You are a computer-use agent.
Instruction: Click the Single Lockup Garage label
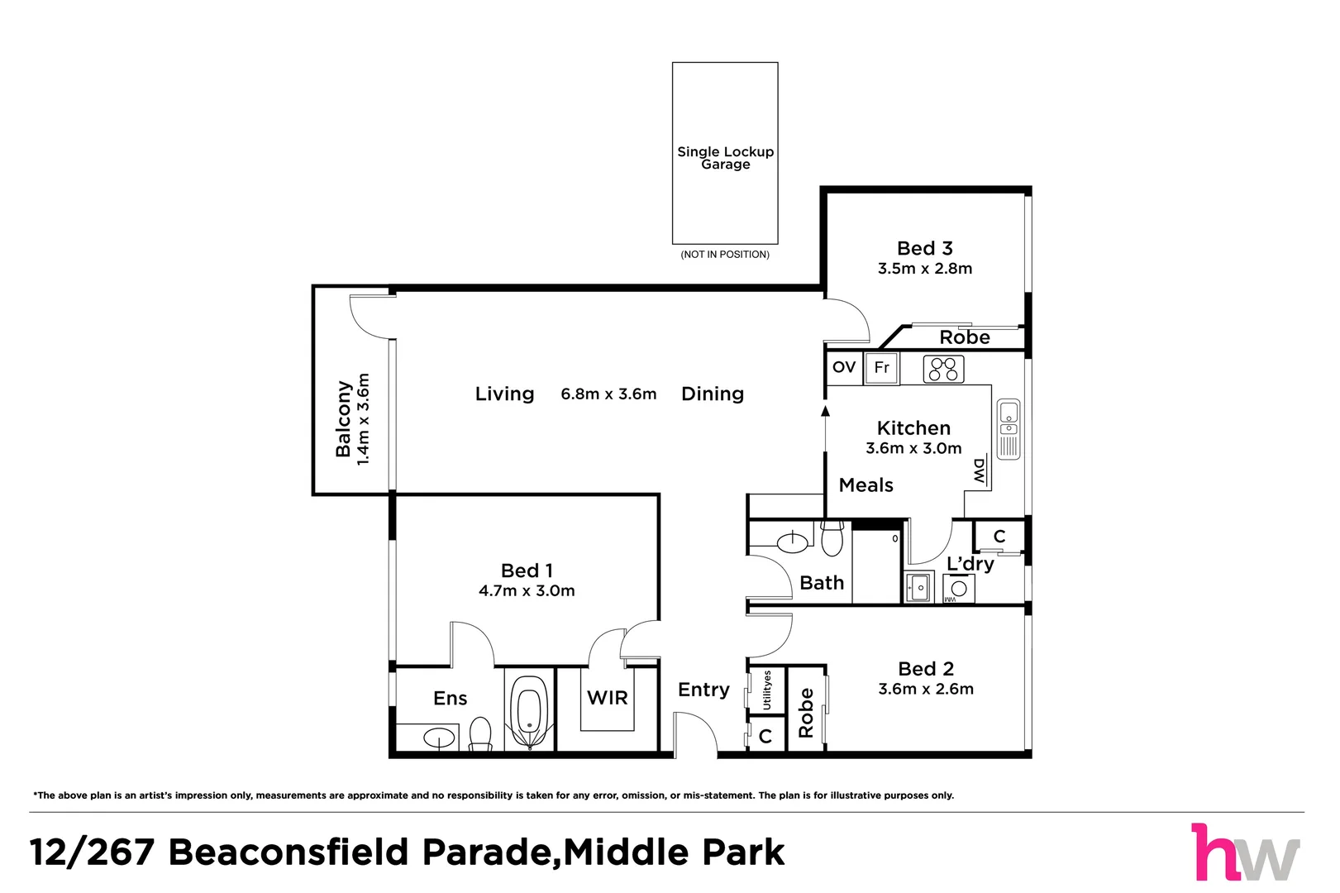[725, 158]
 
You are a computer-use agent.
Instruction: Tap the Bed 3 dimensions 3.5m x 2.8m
[925, 269]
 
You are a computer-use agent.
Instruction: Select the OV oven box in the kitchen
[844, 367]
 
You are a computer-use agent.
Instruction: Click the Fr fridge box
[882, 367]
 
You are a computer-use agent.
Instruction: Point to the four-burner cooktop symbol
[943, 369]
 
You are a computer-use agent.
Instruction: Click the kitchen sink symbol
[1009, 429]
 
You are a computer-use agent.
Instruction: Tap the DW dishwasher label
[980, 471]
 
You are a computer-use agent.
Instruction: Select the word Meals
[866, 485]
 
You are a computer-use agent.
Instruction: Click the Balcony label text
[343, 419]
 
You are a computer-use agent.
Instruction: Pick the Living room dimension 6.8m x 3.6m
[608, 394]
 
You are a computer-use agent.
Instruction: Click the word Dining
[713, 394]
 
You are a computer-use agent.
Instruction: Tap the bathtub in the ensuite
[529, 712]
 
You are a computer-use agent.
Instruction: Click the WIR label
[608, 698]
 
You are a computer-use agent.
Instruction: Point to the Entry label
[703, 690]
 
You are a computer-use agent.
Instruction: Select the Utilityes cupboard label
[767, 690]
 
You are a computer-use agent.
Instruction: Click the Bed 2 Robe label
[806, 712]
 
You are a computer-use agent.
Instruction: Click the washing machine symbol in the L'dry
[958, 589]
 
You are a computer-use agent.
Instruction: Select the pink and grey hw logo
[1246, 852]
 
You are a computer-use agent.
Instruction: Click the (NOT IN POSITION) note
[725, 255]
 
